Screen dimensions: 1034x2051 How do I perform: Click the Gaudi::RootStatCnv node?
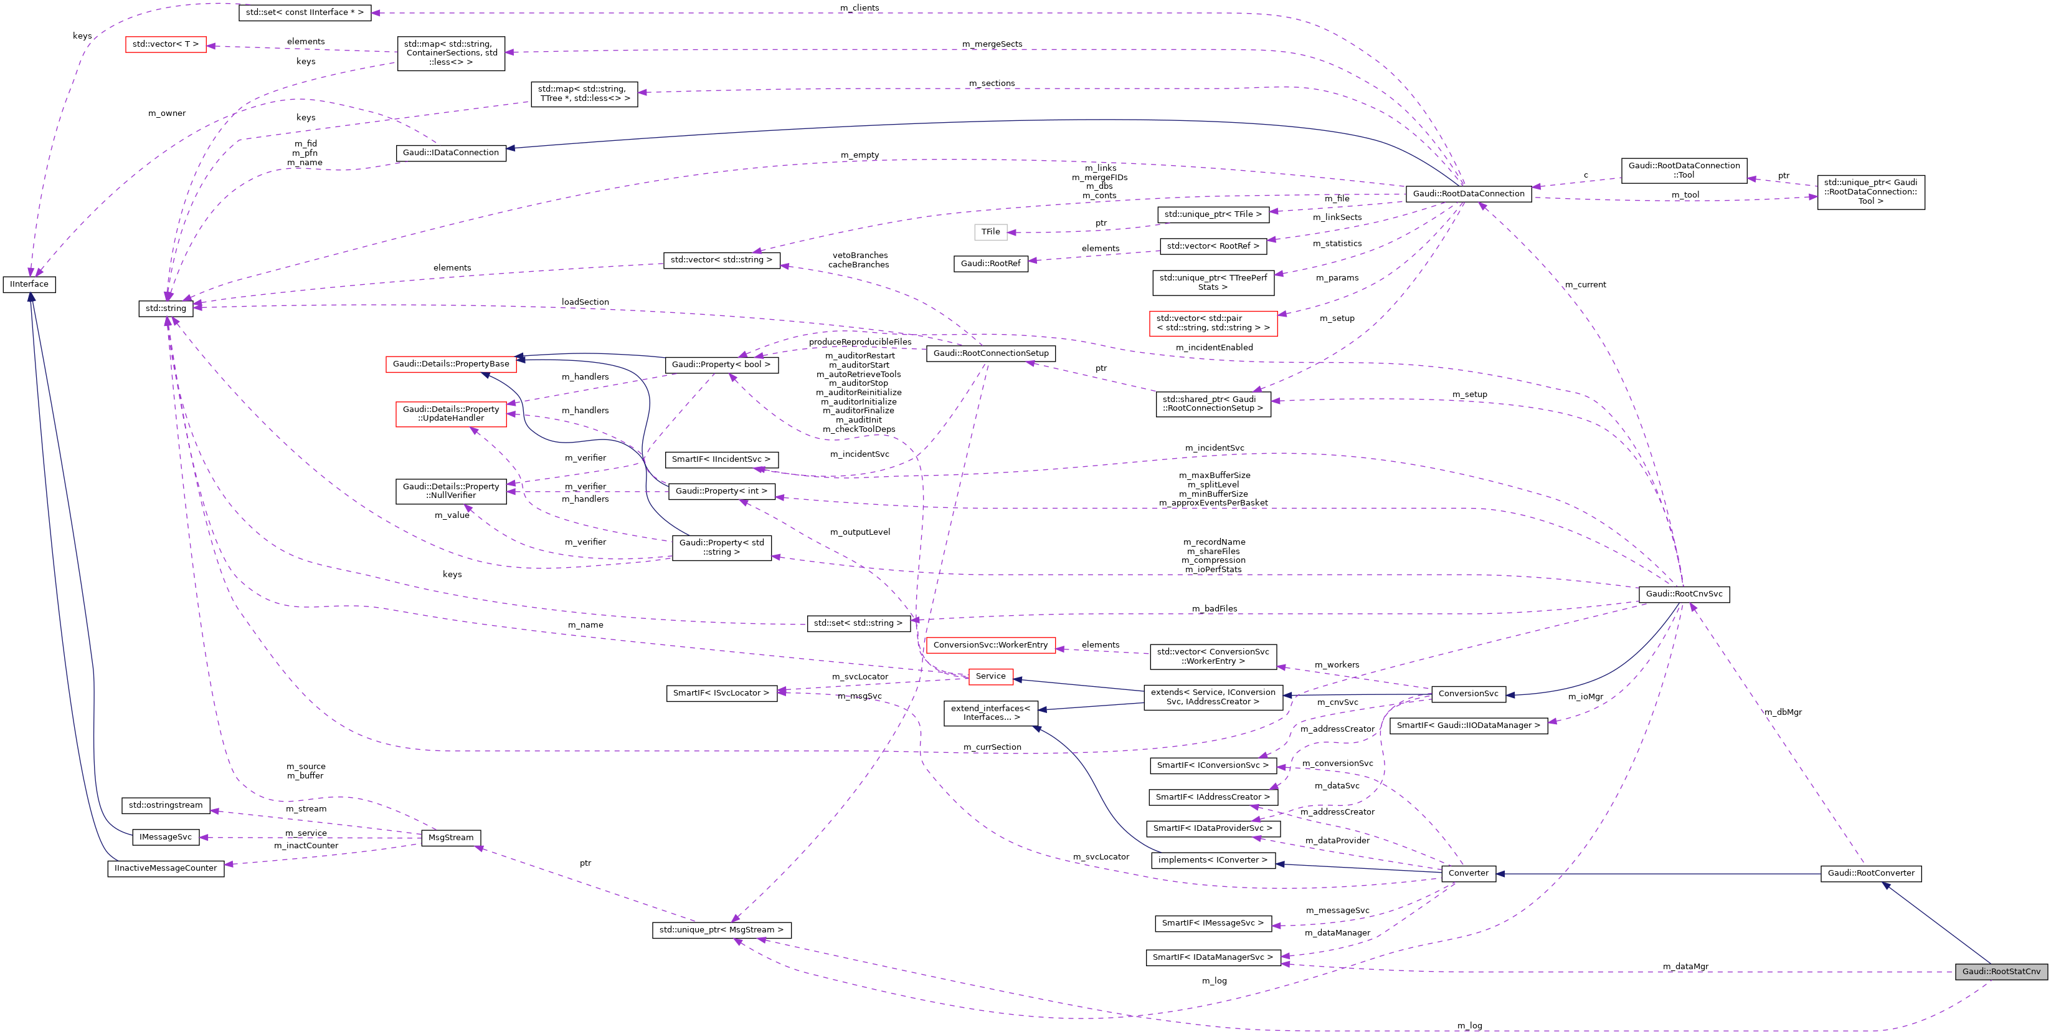pos(2001,971)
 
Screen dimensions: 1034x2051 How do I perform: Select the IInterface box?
pos(29,284)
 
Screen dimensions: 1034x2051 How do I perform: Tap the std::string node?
pos(166,309)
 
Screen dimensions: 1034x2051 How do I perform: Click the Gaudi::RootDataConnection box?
pos(1468,194)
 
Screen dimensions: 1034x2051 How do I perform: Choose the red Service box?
pos(990,676)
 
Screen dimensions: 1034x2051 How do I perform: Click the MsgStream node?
pos(451,837)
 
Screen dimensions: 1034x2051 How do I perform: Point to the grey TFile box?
pos(990,232)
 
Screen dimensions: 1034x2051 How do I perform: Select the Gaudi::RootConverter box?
pos(1871,873)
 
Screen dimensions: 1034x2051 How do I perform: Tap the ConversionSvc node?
pos(1468,694)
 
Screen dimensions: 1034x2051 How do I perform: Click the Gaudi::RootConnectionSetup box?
pos(990,353)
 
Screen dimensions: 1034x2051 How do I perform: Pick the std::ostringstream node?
pos(166,805)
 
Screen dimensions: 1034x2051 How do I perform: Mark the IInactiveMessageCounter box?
pos(166,868)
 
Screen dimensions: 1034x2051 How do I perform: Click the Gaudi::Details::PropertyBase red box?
pos(451,364)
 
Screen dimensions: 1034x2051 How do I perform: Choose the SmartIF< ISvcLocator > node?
pos(721,693)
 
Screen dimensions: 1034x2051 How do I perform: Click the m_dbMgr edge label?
pos(1783,712)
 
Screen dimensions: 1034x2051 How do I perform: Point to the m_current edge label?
pos(1585,284)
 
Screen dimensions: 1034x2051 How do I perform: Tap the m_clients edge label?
pos(860,8)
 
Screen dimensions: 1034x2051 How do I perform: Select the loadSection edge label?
pos(585,302)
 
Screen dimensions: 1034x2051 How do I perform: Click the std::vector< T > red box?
pos(166,45)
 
